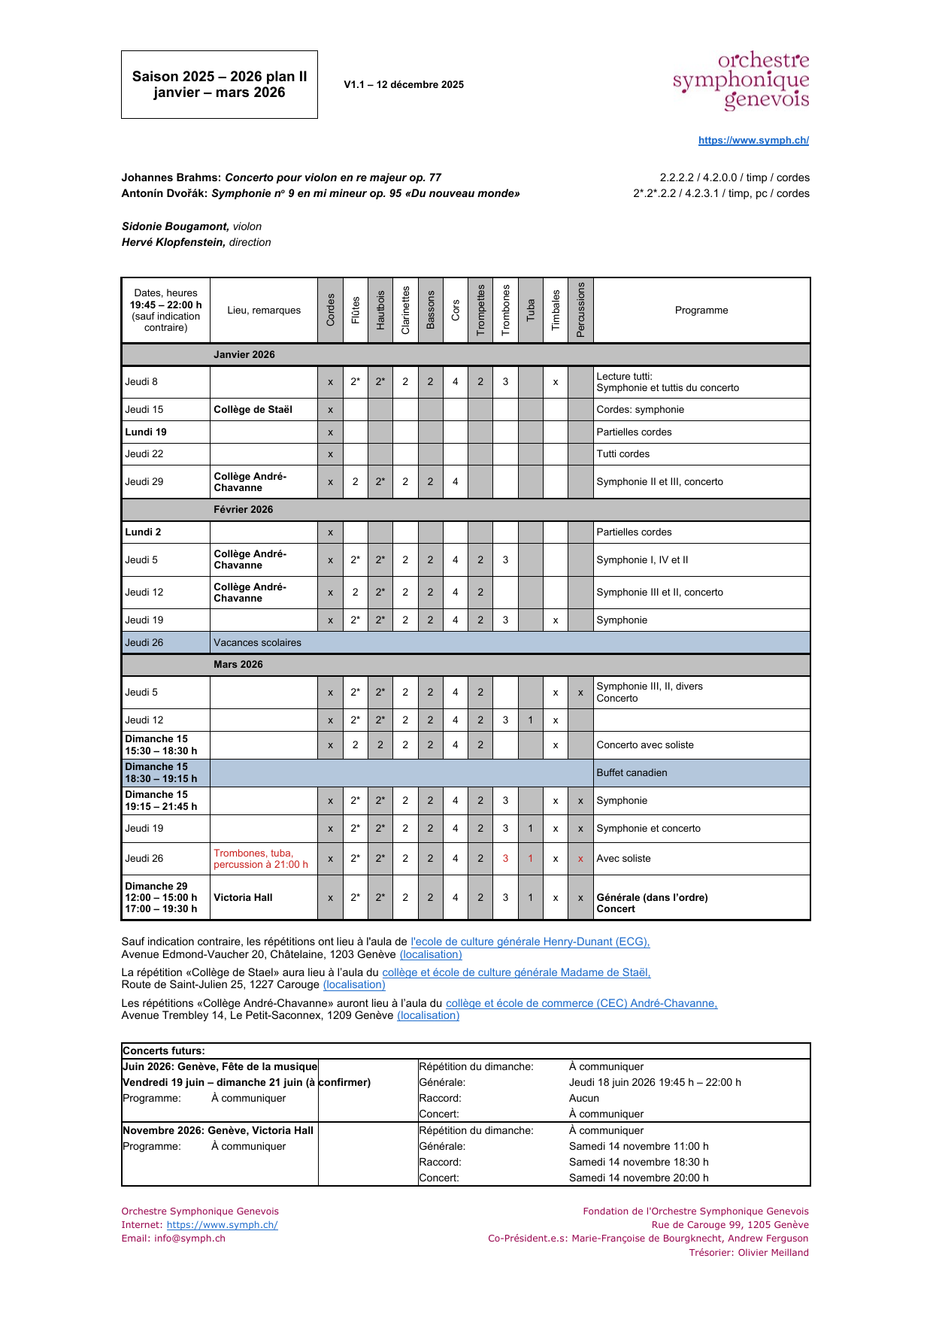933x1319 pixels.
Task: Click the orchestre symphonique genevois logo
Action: coord(741,80)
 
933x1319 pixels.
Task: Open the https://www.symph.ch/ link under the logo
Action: coord(753,140)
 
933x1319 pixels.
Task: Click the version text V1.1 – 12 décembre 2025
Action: coord(404,85)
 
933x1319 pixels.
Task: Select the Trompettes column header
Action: coord(480,310)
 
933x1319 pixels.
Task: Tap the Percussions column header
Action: coord(580,310)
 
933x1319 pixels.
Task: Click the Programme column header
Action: coord(701,311)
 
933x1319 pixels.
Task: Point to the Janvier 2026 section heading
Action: coord(244,355)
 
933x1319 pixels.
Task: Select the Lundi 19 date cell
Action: coord(146,432)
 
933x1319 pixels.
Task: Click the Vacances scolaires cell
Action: coord(257,643)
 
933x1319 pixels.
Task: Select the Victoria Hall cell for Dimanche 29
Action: coord(243,898)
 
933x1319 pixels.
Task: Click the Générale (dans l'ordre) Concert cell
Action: coord(652,903)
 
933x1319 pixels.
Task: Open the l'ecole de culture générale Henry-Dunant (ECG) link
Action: coord(530,941)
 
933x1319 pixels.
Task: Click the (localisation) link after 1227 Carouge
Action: coord(354,985)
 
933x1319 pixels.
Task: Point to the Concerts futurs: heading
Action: coord(164,1051)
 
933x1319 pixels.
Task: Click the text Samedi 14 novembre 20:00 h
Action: coord(638,1178)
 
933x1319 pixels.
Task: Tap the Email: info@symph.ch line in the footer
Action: coord(174,1239)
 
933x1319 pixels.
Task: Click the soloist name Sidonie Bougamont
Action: coord(175,226)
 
